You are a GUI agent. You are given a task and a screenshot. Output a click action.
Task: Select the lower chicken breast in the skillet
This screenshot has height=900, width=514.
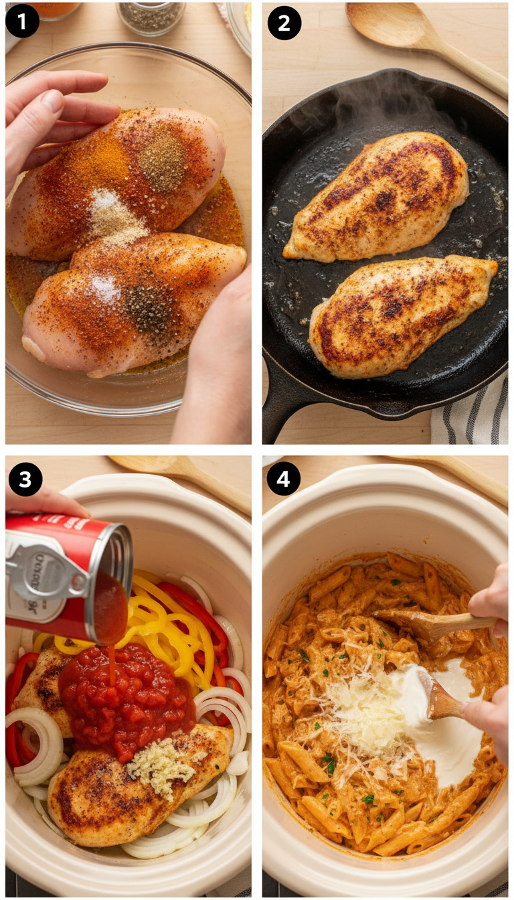(x=402, y=314)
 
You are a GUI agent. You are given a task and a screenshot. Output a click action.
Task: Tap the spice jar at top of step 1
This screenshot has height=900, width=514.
(x=151, y=16)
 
